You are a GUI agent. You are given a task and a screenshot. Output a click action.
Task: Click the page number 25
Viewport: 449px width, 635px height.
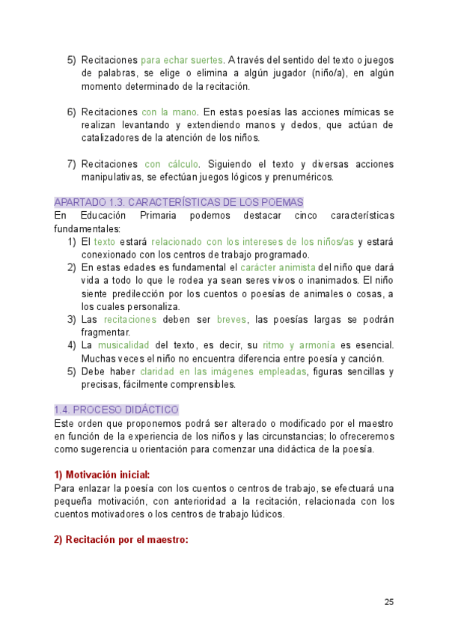389,602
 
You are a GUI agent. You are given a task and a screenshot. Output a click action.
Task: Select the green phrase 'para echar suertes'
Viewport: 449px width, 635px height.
182,60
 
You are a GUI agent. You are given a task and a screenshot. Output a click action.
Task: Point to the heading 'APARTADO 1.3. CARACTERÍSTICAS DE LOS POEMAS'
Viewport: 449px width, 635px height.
179,202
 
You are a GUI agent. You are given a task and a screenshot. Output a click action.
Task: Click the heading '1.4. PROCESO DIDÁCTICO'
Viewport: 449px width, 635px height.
116,410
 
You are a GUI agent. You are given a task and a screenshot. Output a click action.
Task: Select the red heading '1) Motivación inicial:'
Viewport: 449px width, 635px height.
102,475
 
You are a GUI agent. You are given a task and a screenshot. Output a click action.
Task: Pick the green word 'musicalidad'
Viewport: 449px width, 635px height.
123,346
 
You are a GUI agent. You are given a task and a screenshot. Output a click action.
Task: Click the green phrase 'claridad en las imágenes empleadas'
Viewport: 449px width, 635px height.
223,372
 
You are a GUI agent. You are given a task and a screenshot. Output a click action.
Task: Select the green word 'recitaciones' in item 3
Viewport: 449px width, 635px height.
130,320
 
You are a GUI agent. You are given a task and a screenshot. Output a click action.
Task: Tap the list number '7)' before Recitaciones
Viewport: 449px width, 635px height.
72,164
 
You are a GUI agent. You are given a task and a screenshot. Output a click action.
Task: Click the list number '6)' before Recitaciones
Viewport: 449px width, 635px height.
72,112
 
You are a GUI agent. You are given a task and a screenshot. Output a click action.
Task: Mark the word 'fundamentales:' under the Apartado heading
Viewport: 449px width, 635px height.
87,228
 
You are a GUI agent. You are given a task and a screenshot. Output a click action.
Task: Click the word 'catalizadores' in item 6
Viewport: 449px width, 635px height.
110,138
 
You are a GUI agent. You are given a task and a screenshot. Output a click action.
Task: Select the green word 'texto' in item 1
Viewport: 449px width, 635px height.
105,242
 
